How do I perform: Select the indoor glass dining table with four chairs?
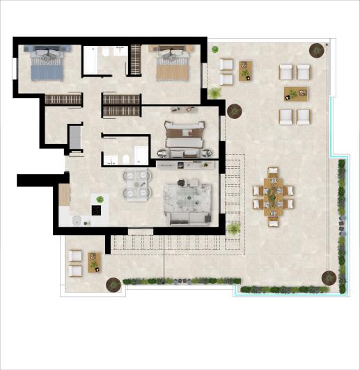[135, 184]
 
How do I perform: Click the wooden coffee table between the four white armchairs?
[295, 94]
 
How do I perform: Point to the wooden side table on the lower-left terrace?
[94, 262]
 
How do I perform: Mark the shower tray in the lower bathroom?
[138, 156]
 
